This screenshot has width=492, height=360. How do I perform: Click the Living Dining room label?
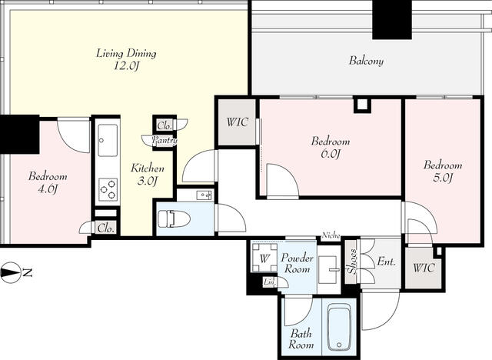coord(126,59)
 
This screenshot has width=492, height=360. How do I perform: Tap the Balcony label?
coord(366,60)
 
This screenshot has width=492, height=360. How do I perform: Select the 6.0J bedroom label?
coord(331,147)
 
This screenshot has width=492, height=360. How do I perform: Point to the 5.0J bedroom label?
coord(443,171)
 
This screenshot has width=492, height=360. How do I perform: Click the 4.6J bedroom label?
coord(48,182)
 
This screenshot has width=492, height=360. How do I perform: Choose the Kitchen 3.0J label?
coord(147,174)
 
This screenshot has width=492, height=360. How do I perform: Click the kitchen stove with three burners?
coord(108,189)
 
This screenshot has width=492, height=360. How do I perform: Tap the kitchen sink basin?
coord(108,140)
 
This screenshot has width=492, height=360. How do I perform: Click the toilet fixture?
coord(174,218)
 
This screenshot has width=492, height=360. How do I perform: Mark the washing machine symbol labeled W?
coord(264,258)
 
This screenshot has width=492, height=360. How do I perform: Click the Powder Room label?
coord(298,263)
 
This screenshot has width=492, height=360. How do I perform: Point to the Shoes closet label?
coord(352,262)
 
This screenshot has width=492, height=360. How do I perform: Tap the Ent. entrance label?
coord(386,261)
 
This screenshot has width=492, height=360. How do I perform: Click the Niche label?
coord(331,235)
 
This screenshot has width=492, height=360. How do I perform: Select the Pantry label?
coord(165,140)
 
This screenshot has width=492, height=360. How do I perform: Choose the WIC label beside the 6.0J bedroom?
coord(238,122)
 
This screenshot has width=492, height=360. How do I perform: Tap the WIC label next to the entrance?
coord(424,268)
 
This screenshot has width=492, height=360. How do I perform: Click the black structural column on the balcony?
coord(391,19)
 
